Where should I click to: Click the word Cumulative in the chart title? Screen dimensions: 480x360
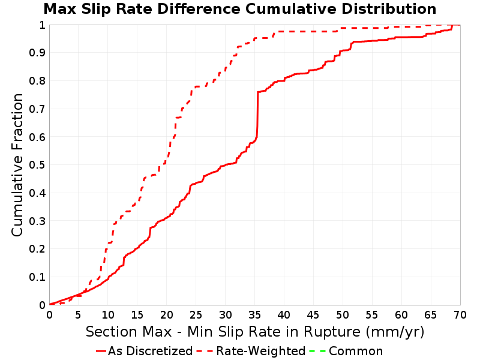click(291, 9)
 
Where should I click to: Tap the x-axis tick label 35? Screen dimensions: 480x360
click(254, 314)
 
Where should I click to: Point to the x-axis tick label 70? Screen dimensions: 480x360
click(460, 314)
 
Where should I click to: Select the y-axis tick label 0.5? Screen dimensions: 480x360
click(37, 165)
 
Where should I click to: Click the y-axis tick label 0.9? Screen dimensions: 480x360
click(37, 53)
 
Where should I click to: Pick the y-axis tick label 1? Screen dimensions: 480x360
click(42, 25)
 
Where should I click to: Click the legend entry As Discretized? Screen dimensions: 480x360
click(150, 351)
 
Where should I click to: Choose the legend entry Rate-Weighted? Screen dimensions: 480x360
click(261, 351)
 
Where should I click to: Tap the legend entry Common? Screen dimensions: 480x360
click(356, 351)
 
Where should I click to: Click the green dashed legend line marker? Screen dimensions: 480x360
click(317, 351)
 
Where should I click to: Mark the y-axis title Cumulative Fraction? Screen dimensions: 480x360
click(17, 164)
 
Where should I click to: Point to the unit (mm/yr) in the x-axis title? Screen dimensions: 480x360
click(395, 332)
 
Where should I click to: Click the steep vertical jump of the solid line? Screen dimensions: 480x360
click(257, 115)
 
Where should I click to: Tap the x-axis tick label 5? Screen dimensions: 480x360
click(79, 314)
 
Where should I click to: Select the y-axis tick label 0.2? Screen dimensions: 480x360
click(37, 249)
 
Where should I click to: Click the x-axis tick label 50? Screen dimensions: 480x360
click(343, 314)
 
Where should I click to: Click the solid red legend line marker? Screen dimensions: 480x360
click(101, 351)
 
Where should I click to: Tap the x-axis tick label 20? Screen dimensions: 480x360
click(167, 314)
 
